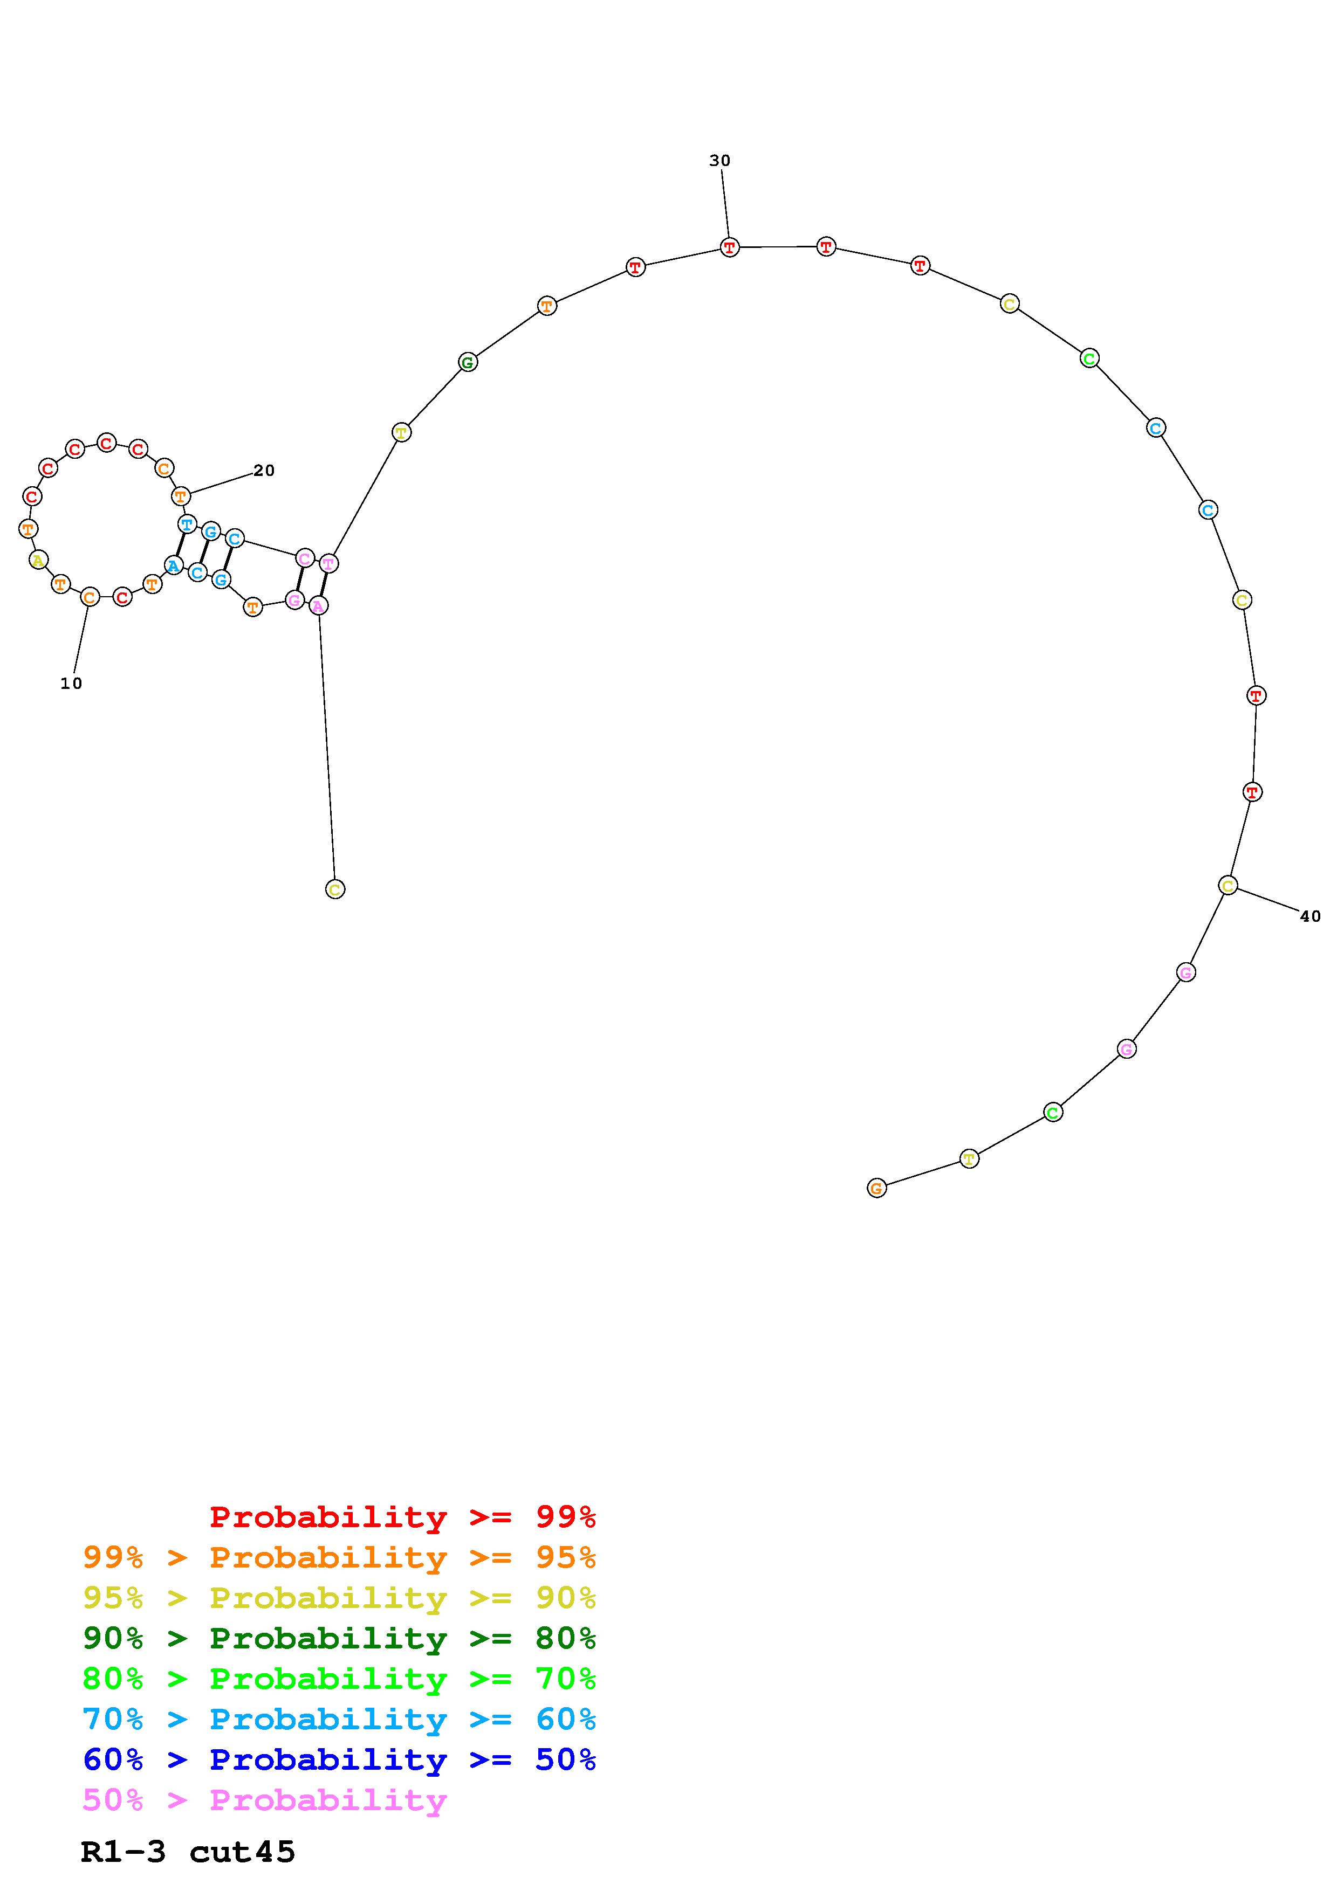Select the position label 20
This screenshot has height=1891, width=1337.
[264, 470]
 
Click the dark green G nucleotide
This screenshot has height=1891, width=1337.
[468, 362]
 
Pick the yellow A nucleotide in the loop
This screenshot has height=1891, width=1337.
[38, 560]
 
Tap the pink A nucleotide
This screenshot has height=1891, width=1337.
[319, 606]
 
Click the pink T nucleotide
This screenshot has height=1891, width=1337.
[328, 564]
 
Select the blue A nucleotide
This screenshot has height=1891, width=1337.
[173, 566]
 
